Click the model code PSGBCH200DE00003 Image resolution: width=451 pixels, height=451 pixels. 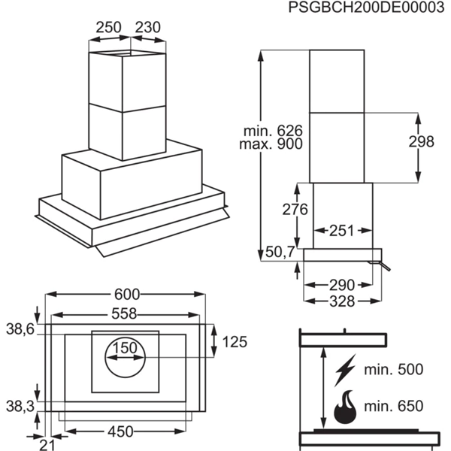[x=366, y=7]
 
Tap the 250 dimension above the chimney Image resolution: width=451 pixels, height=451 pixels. [x=108, y=28]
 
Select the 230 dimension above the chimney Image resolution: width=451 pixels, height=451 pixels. [x=148, y=28]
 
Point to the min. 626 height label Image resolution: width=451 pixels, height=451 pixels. [x=273, y=131]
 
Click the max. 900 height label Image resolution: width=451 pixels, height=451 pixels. [x=271, y=144]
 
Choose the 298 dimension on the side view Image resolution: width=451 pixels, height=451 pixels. [x=422, y=141]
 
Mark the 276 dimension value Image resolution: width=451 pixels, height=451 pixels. [x=295, y=209]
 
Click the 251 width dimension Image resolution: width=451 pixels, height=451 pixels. [x=341, y=231]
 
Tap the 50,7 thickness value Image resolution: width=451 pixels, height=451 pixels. [x=280, y=253]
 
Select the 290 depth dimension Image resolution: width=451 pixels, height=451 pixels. [x=342, y=286]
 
